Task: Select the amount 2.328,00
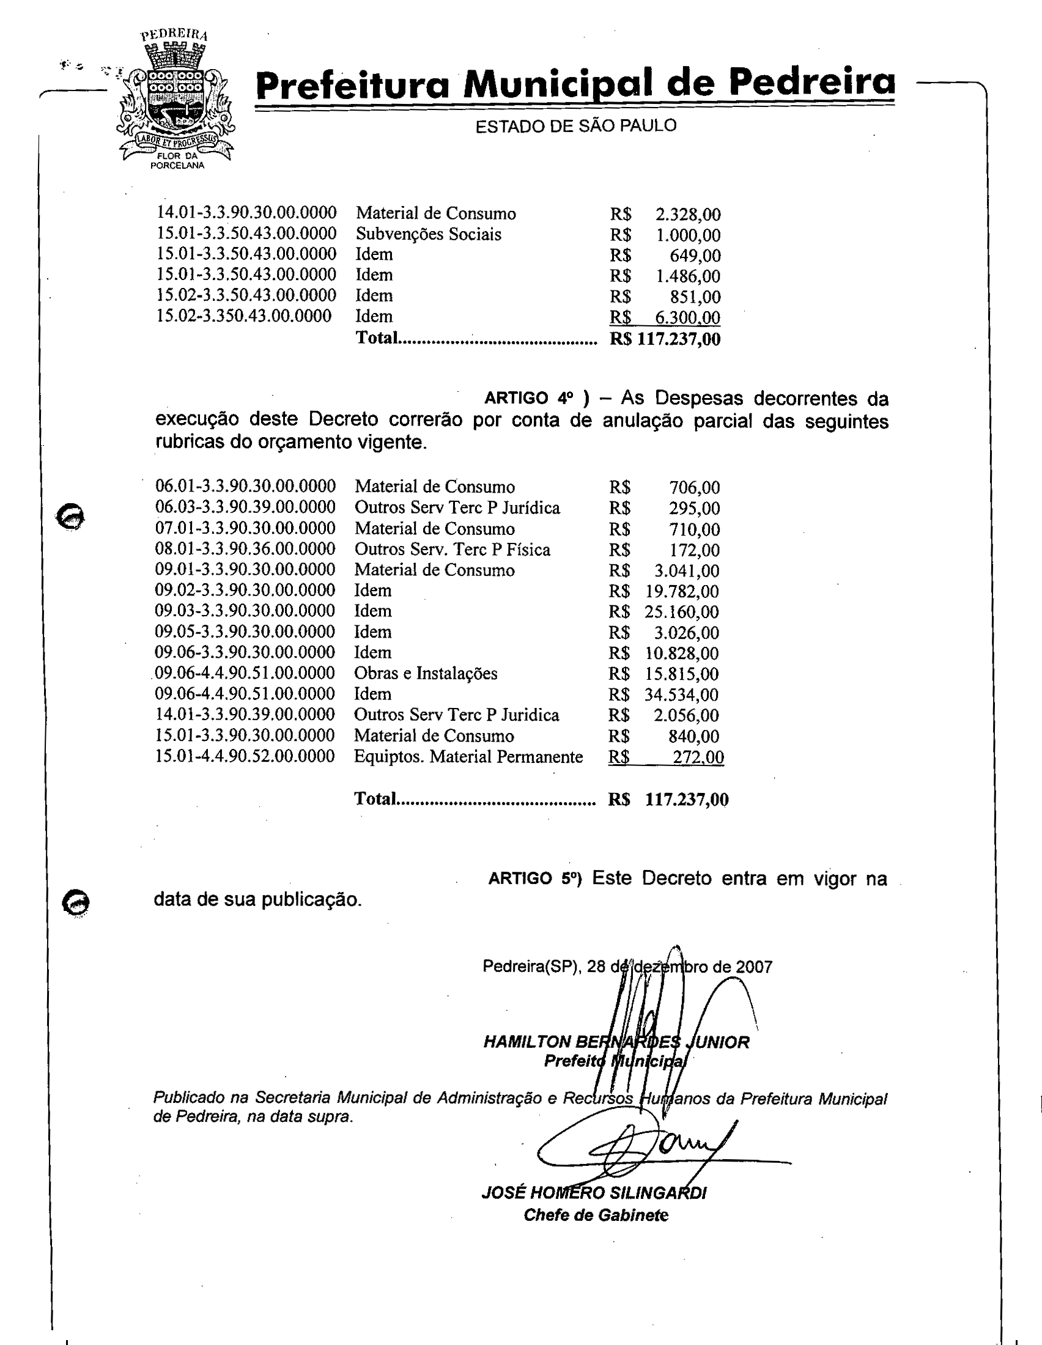(x=687, y=215)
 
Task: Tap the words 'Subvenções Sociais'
(x=428, y=234)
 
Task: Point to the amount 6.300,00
(x=687, y=318)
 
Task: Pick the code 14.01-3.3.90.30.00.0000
(x=246, y=213)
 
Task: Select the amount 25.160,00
(x=682, y=612)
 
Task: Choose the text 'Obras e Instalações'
(x=426, y=673)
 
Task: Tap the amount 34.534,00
(x=682, y=695)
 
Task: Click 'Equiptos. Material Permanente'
(x=468, y=756)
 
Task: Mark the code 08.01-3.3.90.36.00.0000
(x=245, y=549)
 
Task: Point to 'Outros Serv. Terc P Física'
(x=452, y=550)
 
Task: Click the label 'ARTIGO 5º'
(x=534, y=879)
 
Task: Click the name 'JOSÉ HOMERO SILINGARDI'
(x=594, y=1193)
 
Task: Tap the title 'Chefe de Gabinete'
(x=596, y=1215)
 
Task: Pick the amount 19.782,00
(x=682, y=592)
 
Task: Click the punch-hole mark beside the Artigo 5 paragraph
(x=76, y=904)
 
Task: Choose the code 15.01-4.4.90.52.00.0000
(x=245, y=756)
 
